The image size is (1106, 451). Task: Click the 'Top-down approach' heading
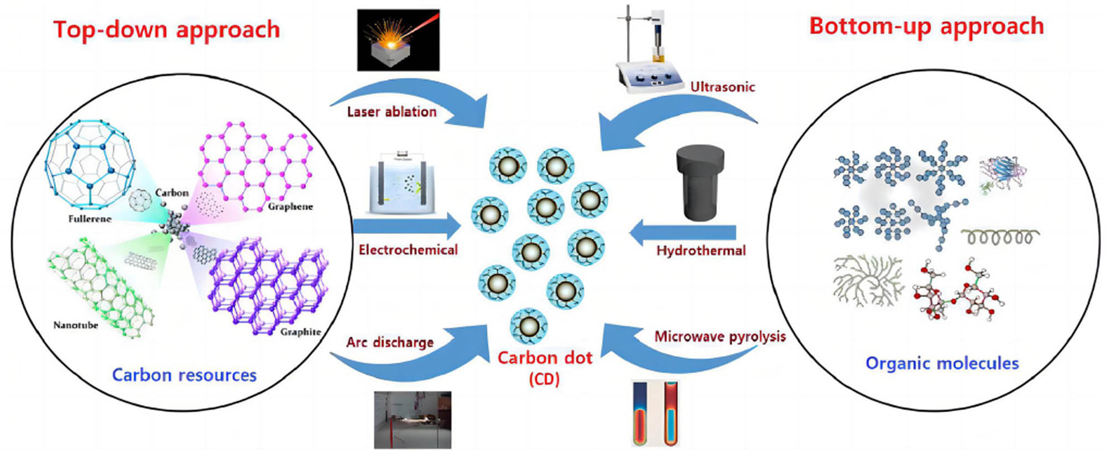[166, 30]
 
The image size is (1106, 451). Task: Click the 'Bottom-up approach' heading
[926, 27]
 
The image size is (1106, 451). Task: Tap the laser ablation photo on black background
[398, 40]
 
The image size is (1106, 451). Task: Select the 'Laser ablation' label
[392, 112]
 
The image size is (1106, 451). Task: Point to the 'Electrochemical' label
[408, 250]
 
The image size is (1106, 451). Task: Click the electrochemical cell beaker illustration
[401, 185]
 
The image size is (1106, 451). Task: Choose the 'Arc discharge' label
[390, 342]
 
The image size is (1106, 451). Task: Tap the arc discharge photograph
[413, 419]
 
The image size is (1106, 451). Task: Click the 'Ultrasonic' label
[722, 87]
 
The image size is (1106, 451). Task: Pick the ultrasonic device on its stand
[647, 53]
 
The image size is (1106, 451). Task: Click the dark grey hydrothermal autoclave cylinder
[700, 182]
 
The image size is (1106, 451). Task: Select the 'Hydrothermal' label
[701, 250]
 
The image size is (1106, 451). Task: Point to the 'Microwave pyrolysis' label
[720, 337]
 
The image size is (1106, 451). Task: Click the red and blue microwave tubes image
[655, 413]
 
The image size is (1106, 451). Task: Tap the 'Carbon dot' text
[545, 358]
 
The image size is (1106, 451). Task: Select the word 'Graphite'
[300, 332]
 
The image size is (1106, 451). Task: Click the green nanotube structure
[100, 287]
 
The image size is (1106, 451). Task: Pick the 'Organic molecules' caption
[942, 363]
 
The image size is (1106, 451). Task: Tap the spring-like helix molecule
[1000, 238]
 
